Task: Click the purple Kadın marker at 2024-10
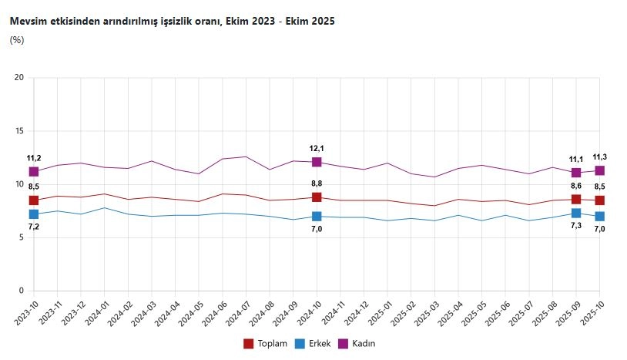click(x=317, y=162)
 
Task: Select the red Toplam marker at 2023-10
click(x=34, y=200)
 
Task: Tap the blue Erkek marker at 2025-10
click(x=599, y=217)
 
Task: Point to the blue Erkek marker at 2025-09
click(x=576, y=213)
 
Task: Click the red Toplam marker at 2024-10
click(x=317, y=197)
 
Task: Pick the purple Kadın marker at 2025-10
click(x=599, y=170)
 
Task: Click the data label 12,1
click(x=317, y=148)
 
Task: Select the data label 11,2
click(x=34, y=157)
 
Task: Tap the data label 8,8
click(x=317, y=183)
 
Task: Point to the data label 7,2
click(x=34, y=227)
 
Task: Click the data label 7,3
click(x=576, y=226)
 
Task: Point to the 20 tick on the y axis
click(x=19, y=78)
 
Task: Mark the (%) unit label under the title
click(x=16, y=40)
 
